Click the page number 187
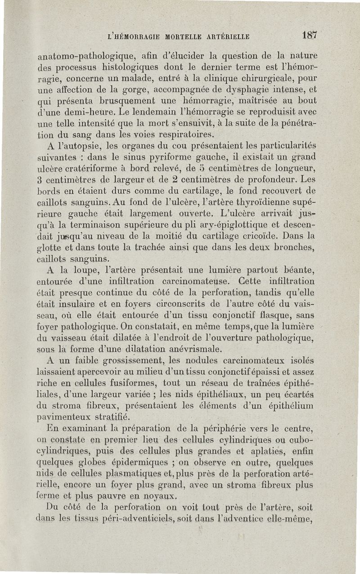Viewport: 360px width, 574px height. pyautogui.click(x=310, y=35)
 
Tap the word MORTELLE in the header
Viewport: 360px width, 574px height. pyautogui.click(x=177, y=36)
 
